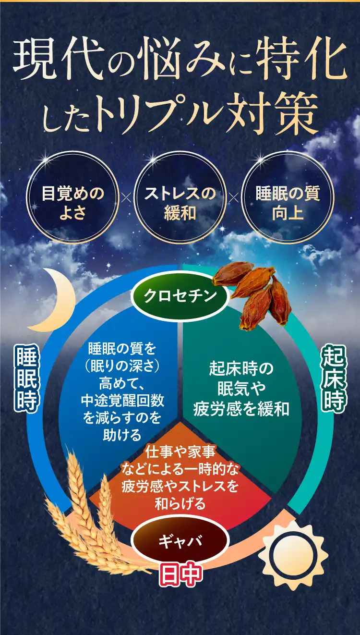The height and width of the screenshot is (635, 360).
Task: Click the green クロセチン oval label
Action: tap(180, 296)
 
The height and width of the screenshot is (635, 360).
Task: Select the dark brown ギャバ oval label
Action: tap(180, 541)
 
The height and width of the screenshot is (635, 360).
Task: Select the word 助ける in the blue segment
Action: tap(122, 435)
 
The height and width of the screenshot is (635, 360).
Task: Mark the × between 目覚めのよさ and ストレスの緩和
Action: tap(126, 198)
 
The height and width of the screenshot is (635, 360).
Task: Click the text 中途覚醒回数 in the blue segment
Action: tap(122, 401)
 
